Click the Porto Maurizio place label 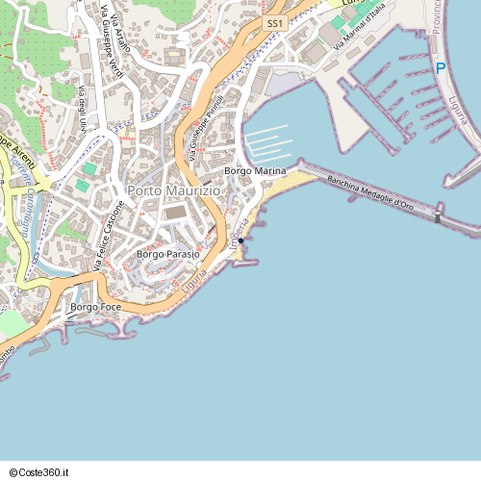click(173, 191)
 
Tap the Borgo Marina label click(255, 171)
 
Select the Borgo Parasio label click(168, 254)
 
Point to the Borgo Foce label click(95, 307)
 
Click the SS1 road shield click(275, 21)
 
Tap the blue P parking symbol click(441, 68)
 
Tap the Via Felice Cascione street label click(110, 236)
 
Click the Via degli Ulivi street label click(83, 109)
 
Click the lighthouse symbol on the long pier click(438, 216)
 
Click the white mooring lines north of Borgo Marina click(268, 142)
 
